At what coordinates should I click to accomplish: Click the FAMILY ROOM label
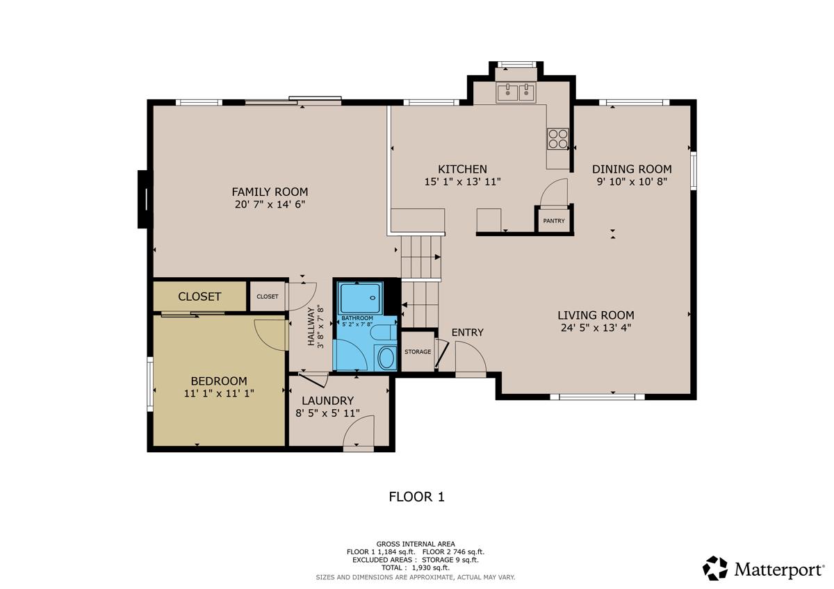[x=270, y=192]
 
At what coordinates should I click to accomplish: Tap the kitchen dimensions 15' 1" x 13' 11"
[x=462, y=182]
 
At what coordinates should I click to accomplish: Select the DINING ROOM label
[x=632, y=169]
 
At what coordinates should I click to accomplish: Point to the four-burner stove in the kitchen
[x=557, y=139]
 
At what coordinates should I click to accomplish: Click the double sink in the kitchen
[x=516, y=92]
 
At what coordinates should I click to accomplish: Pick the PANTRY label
[x=554, y=221]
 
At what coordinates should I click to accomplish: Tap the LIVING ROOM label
[x=596, y=315]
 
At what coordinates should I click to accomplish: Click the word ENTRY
[x=467, y=333]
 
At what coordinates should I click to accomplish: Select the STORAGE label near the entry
[x=418, y=352]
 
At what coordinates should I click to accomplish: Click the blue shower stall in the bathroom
[x=360, y=298]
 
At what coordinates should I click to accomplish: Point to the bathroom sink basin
[x=387, y=358]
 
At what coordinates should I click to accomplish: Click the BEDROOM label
[x=219, y=381]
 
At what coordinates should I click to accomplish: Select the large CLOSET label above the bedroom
[x=199, y=297]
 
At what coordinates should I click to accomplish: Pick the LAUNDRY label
[x=327, y=401]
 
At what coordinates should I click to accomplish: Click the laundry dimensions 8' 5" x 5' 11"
[x=327, y=413]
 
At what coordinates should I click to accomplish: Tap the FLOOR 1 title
[x=416, y=497]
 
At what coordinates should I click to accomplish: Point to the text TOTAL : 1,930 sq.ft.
[x=416, y=567]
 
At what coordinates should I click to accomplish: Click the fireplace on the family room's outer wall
[x=145, y=199]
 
